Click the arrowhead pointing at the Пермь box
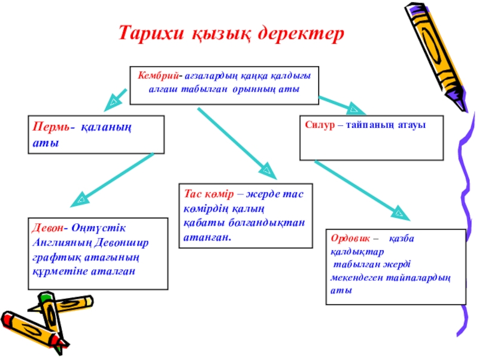pos(111,106)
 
